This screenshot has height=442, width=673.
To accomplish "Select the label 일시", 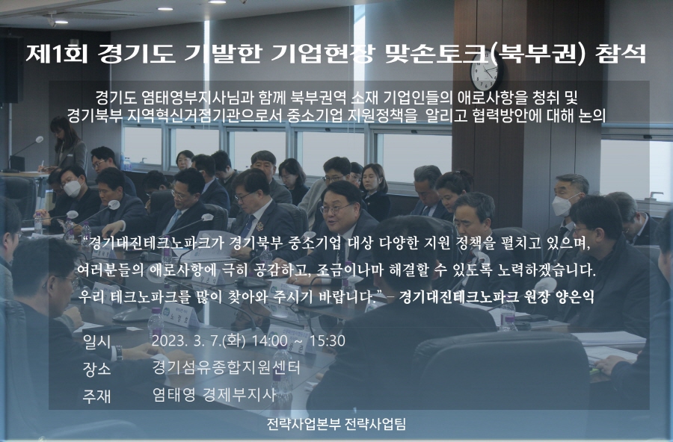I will (x=96, y=342).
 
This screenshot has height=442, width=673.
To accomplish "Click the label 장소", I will (x=96, y=369).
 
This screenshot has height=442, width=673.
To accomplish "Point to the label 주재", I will (x=96, y=396).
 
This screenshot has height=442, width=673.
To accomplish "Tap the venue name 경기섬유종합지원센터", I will (x=225, y=367).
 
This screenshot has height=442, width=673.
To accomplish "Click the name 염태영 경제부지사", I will (x=213, y=395).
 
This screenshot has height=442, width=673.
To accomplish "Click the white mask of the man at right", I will (x=562, y=205).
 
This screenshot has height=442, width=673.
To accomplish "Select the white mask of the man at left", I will (x=72, y=188).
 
